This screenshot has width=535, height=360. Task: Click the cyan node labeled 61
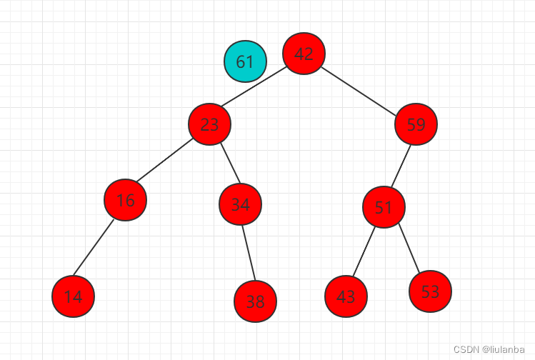pos(245,61)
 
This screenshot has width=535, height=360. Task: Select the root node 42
pos(304,54)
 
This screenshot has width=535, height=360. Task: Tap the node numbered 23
pos(209,124)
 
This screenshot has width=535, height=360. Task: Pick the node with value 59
pos(416,124)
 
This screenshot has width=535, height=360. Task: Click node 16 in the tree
pos(125,200)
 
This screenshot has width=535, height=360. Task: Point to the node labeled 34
pos(240,204)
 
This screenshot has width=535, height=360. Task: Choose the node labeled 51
pos(384,207)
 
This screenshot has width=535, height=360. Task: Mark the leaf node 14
pos(73,296)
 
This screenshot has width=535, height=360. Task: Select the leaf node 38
pos(255,301)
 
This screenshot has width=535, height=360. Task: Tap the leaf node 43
pos(346,296)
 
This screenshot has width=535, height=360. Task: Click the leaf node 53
pos(430,291)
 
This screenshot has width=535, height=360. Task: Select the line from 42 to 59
pos(359,90)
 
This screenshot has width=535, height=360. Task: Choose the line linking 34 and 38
pos(247,253)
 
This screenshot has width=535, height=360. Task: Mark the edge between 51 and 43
pos(364,251)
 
